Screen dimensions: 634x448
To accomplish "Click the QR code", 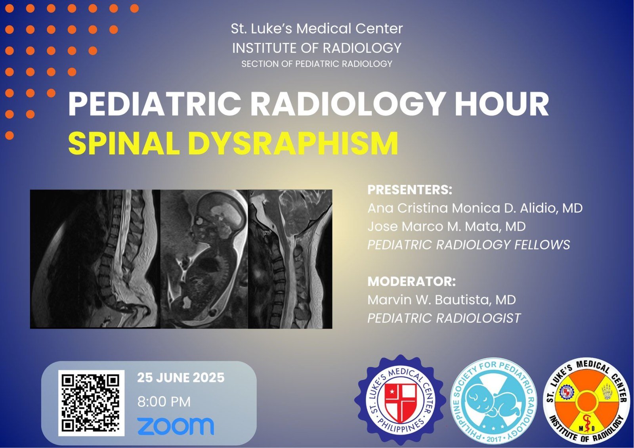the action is point(92,403).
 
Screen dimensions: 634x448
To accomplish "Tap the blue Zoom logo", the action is point(176,426).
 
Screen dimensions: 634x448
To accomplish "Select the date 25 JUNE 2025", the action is point(181,378).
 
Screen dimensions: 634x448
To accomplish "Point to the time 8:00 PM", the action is point(164,402).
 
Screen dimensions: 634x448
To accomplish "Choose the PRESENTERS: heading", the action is point(410,190).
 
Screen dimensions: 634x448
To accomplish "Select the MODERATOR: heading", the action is point(412,281).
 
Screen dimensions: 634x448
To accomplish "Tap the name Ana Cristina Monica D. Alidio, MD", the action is point(475,208).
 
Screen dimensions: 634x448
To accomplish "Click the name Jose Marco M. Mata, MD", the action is point(447,226).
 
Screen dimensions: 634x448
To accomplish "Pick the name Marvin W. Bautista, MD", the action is point(442,300).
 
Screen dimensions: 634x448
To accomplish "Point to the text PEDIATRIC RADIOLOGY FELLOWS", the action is point(469,245).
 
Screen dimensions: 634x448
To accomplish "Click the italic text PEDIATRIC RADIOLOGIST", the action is point(444,318).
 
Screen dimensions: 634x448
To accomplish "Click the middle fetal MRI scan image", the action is point(204,259).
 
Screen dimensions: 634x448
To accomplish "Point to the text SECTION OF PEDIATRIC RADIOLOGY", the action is point(317,64).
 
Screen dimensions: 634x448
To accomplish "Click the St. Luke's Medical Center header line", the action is point(317,29).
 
